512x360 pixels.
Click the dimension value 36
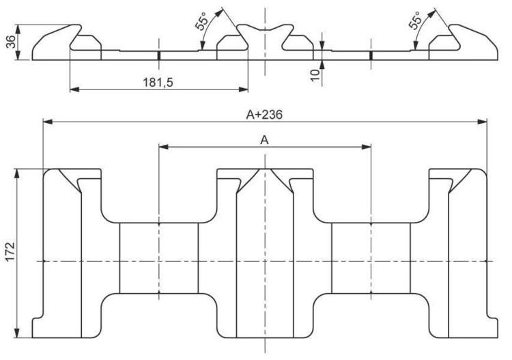[x=12, y=42]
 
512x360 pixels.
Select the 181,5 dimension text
[x=158, y=83]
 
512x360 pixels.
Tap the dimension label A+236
[x=264, y=115]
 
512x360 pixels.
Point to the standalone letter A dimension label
[x=264, y=141]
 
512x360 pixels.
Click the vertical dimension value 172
[x=11, y=251]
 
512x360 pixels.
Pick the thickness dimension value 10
[x=315, y=75]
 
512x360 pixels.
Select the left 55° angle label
[x=202, y=22]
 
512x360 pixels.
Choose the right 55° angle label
[x=414, y=21]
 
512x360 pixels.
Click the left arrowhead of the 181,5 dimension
[x=75, y=89]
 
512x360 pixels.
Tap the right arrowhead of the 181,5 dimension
[x=244, y=89]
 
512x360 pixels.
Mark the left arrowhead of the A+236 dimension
[x=48, y=122]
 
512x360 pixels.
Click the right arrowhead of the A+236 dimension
[x=482, y=122]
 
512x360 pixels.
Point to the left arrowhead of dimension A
[x=164, y=147]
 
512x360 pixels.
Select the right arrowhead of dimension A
[x=367, y=147]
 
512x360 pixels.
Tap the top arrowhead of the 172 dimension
[x=18, y=174]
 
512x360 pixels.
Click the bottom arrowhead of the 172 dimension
[x=18, y=333]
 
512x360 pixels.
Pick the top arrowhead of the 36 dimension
[x=18, y=29]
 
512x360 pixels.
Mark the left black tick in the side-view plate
[x=159, y=55]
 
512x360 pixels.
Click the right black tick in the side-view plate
[x=371, y=55]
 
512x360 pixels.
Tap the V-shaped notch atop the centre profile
[x=265, y=29]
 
